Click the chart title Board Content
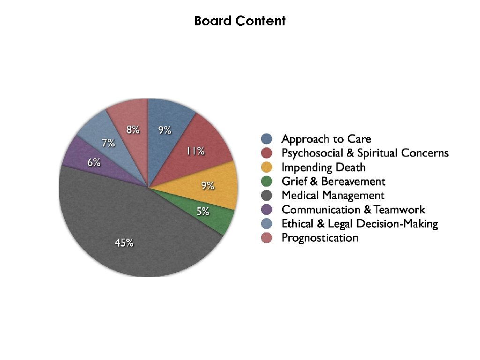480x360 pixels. [240, 21]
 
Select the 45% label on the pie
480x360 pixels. [125, 243]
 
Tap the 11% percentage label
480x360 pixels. [195, 151]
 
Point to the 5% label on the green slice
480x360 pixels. [202, 211]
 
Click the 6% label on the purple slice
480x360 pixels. [94, 163]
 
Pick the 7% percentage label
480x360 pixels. [108, 143]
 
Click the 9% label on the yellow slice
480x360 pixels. [208, 186]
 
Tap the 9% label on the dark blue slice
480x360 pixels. [165, 131]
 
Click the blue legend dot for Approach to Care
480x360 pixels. [266, 139]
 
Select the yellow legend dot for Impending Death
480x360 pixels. [266, 167]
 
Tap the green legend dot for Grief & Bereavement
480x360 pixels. [266, 181]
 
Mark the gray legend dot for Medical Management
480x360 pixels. [266, 195]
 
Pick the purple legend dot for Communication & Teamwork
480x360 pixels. [266, 210]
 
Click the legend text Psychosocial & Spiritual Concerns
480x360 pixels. [365, 153]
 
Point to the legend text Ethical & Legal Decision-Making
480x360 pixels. [360, 224]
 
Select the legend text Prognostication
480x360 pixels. [320, 238]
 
